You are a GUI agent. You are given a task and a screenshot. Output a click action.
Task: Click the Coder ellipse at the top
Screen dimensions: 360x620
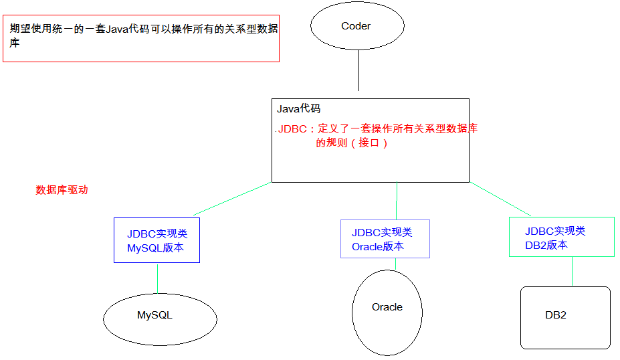[x=357, y=26]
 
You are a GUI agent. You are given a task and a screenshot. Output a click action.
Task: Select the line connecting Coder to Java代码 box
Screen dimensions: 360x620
[x=359, y=70]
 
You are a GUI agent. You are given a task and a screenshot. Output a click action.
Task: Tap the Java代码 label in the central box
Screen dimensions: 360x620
[x=298, y=108]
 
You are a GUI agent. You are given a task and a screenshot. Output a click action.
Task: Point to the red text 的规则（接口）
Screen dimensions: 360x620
[x=352, y=143]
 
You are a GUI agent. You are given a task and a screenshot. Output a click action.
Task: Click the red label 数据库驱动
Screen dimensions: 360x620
[x=62, y=189]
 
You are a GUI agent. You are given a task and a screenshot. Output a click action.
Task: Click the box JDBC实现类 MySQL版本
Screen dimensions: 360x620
[x=157, y=240]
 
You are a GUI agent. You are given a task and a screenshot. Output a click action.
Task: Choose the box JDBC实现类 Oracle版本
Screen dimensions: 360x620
[x=385, y=239]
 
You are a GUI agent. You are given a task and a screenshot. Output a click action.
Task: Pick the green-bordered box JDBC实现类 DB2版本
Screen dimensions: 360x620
[x=561, y=237]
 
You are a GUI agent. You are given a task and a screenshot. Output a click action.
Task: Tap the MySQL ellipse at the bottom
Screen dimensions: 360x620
[x=160, y=319]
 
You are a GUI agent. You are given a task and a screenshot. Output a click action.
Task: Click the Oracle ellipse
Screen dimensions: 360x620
[x=387, y=311]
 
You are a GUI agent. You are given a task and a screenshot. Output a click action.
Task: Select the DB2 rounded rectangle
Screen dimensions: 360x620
[x=565, y=318]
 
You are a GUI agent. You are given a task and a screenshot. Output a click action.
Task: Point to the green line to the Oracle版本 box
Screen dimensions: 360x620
[x=397, y=201]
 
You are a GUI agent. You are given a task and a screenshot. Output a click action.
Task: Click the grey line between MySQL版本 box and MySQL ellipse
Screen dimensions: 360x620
[x=157, y=278]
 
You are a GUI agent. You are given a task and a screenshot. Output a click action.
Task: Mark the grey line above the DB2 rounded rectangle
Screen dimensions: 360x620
[x=572, y=272]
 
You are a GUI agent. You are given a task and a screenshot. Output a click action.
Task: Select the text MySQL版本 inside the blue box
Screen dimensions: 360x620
[x=155, y=248]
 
